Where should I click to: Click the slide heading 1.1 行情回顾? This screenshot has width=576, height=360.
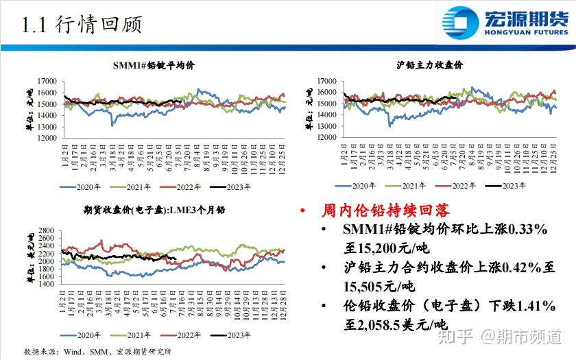tap(82, 25)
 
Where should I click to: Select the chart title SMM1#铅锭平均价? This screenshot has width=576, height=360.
tap(154, 65)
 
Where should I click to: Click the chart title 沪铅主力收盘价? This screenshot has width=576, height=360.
tap(430, 65)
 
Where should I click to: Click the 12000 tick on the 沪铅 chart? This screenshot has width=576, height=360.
tap(328, 137)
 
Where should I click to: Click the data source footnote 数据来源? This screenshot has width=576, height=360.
tap(95, 351)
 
